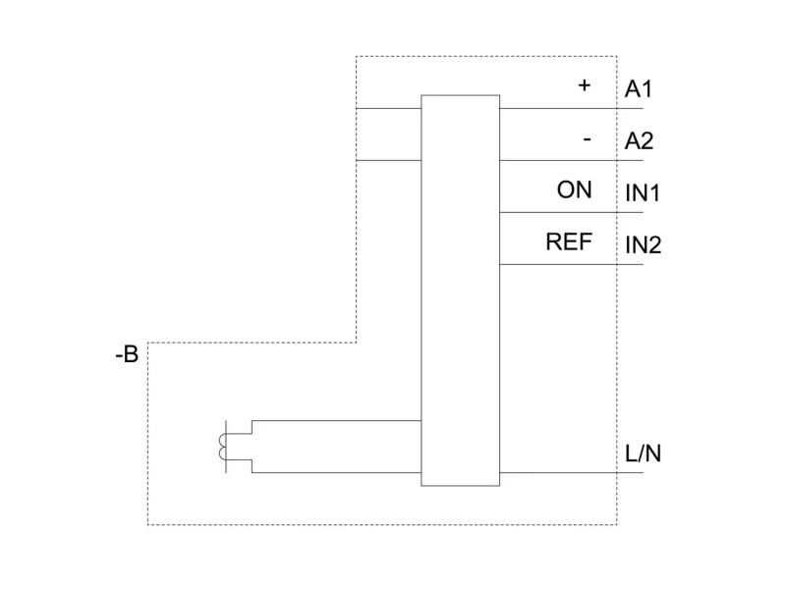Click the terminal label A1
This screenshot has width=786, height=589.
point(639,89)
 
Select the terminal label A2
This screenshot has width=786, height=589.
point(639,141)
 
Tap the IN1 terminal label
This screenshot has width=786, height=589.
point(643,192)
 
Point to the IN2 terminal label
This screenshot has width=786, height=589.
point(644,244)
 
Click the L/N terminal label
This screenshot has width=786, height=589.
point(643,455)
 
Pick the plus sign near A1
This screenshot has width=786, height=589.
point(585,85)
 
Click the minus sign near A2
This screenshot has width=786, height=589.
point(587,139)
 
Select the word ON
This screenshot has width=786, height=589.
point(575,189)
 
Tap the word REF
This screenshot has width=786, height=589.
point(570,241)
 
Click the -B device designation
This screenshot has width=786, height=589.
point(126,354)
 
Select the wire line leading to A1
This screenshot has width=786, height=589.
point(570,108)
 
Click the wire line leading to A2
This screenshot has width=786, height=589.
point(570,160)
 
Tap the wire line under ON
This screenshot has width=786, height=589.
point(570,212)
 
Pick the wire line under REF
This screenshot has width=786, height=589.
point(570,264)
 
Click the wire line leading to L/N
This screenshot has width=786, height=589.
point(570,473)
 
